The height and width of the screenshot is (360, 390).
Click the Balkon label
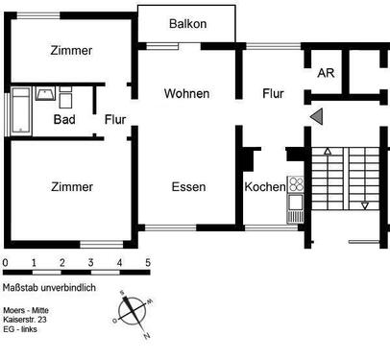[x=187, y=24]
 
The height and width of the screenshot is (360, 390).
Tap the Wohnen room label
[x=186, y=93]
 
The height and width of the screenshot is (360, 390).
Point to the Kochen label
[x=263, y=186]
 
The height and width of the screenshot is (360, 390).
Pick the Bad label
[x=65, y=120]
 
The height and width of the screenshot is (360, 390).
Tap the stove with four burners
[x=296, y=185]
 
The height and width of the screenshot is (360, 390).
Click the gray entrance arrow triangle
[x=317, y=116]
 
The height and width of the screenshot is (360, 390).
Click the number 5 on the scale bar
[x=148, y=262]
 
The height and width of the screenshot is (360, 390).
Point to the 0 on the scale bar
[x=5, y=262]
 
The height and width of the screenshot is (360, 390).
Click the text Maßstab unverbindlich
[x=49, y=288]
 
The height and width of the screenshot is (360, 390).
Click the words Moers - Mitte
[x=31, y=310]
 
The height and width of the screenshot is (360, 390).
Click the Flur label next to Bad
[x=115, y=120]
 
